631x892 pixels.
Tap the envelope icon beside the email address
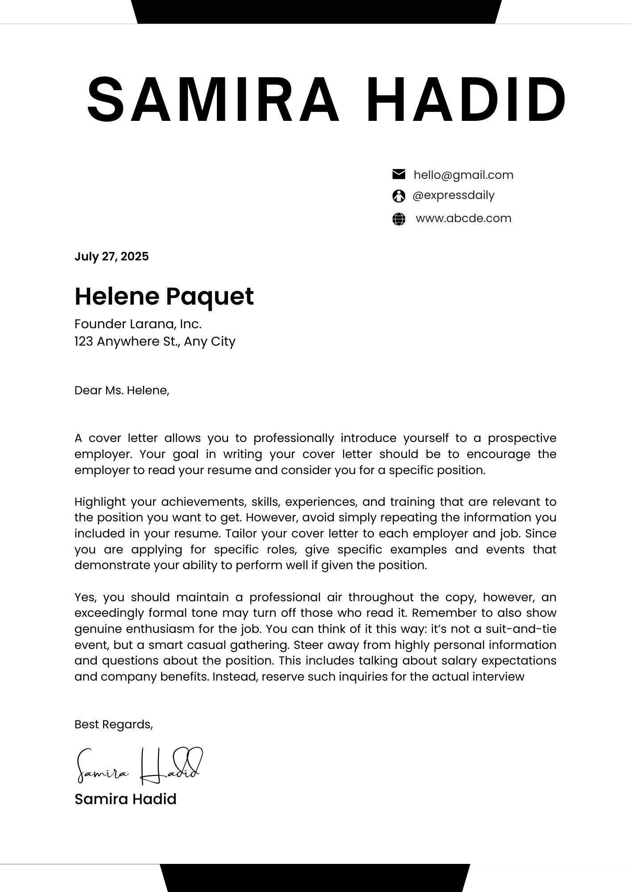point(399,174)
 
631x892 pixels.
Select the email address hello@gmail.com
point(463,175)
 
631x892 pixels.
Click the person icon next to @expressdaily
point(399,196)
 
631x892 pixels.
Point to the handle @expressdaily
point(453,195)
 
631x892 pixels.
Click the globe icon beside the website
point(399,219)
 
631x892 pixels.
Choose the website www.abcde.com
point(463,219)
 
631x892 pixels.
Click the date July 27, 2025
point(112,256)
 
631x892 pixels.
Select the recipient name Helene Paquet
point(164,296)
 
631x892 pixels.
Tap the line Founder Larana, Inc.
point(138,324)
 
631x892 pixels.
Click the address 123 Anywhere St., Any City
point(155,342)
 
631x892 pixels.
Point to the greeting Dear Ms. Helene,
point(122,391)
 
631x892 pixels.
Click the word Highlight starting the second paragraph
point(100,502)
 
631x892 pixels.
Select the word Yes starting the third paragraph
point(83,597)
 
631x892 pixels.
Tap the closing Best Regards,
point(113,724)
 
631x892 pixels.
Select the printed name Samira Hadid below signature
point(125,799)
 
